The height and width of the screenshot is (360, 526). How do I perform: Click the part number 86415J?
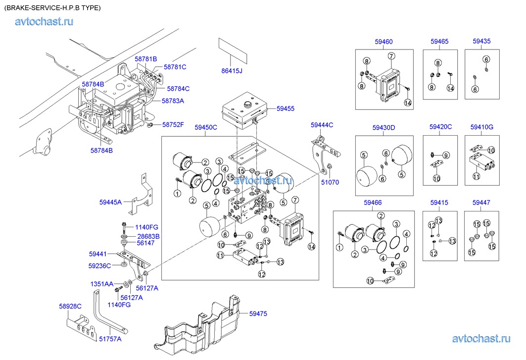(232, 71)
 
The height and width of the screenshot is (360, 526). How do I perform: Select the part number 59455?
(286, 108)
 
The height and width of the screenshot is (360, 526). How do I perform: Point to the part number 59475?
(258, 313)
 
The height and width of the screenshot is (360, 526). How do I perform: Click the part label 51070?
(330, 182)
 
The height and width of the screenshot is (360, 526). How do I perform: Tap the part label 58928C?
(70, 307)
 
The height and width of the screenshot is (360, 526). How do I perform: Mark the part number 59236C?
(99, 265)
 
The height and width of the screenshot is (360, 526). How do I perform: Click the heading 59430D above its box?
(383, 127)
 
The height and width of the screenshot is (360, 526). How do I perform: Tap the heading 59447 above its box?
(481, 203)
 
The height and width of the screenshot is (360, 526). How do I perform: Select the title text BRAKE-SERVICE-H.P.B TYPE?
(52, 8)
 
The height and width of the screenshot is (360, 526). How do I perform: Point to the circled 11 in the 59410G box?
(476, 176)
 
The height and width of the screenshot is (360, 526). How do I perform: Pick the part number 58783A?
(173, 101)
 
